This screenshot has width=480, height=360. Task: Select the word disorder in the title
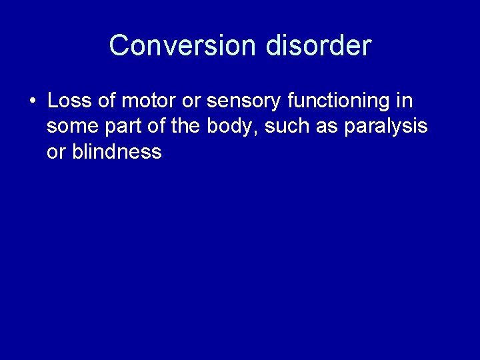coord(318,46)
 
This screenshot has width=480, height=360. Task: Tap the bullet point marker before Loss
coord(32,102)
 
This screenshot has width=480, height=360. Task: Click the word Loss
coord(69,101)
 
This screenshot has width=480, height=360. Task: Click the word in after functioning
coord(405,101)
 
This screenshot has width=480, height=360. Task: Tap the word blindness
coord(117,151)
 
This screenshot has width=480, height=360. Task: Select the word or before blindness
coord(56,151)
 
